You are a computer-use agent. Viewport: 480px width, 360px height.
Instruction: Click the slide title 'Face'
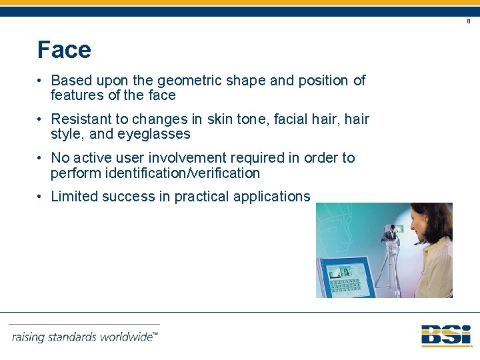click(64, 50)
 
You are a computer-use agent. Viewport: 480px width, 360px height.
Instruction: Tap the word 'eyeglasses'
click(153, 134)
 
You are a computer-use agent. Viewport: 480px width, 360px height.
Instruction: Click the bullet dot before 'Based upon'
click(41, 81)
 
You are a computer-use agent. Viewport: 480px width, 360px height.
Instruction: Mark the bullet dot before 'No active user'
click(41, 158)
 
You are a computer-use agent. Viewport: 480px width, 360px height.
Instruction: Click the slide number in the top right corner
click(468, 21)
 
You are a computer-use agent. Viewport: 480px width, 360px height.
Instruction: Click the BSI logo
click(445, 335)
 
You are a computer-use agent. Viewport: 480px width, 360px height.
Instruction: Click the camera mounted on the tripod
click(391, 233)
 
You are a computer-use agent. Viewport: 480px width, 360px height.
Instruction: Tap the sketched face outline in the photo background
click(343, 227)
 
